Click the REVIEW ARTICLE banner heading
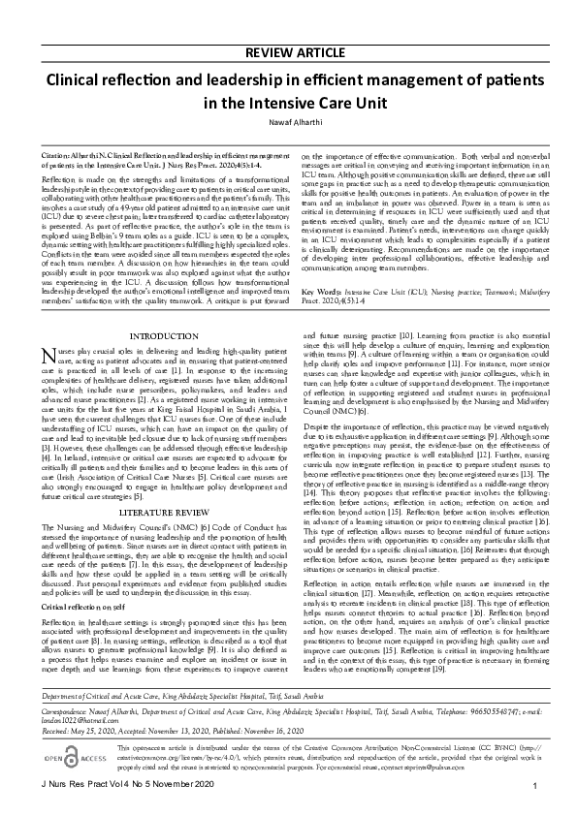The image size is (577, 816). pyautogui.click(x=288, y=52)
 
